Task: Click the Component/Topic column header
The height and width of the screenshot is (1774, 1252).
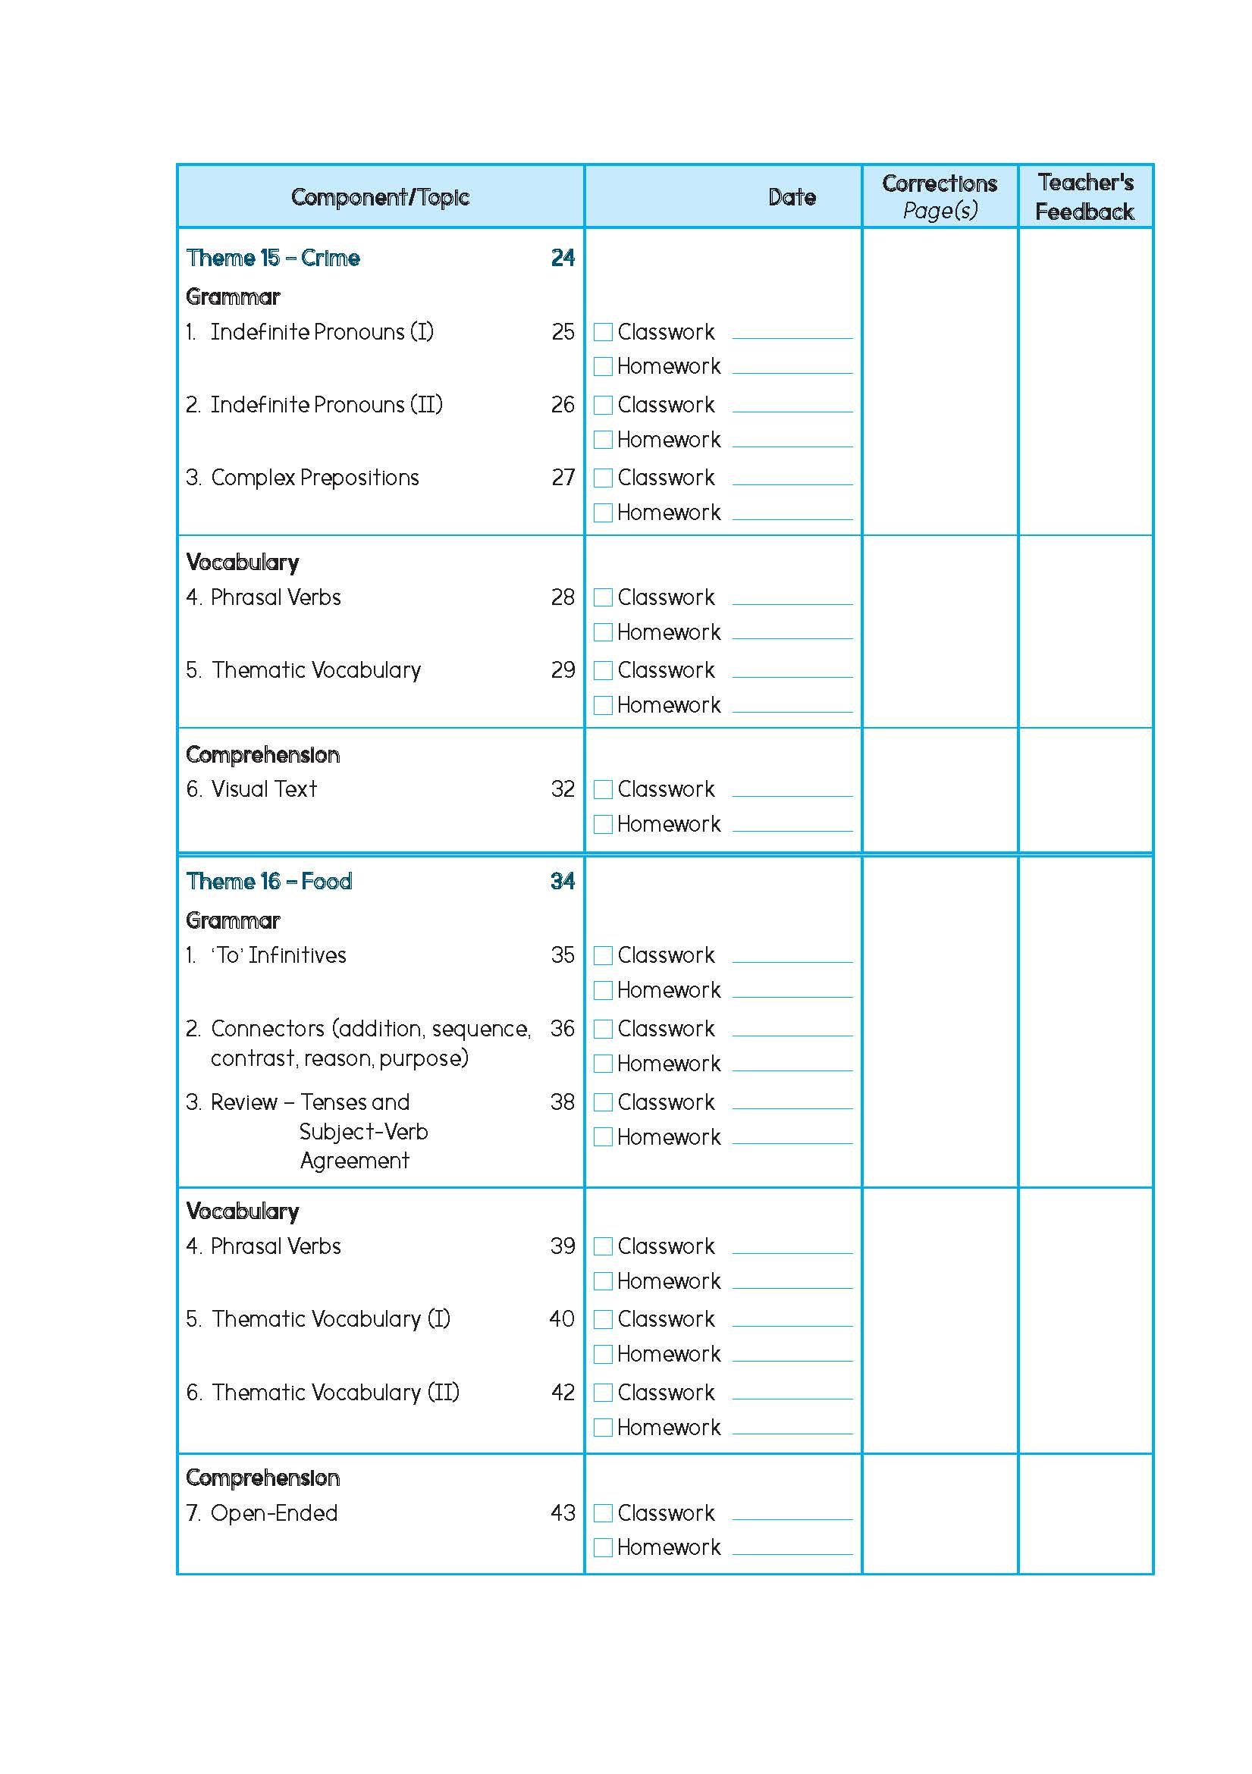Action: pos(379,197)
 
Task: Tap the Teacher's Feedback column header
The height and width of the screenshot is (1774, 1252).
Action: pos(1084,197)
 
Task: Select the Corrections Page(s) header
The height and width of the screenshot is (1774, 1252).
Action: pos(939,197)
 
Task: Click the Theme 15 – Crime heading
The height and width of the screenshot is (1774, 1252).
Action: pos(273,258)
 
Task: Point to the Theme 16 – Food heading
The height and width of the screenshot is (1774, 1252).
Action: pos(269,882)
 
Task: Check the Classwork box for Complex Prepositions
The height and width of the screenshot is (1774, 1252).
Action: pos(603,478)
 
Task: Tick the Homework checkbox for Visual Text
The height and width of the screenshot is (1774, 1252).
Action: pos(603,824)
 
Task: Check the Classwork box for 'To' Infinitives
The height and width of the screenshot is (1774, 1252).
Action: pos(603,956)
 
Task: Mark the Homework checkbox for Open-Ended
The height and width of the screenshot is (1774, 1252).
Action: pos(603,1547)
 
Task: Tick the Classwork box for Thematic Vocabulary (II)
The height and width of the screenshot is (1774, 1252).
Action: pos(603,1393)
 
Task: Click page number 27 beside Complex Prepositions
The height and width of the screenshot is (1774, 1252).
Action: pos(563,478)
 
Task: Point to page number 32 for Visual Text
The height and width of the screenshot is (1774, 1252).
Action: pos(563,789)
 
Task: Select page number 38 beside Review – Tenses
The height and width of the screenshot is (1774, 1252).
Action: pos(563,1102)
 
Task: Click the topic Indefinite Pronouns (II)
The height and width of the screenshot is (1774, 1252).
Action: pos(326,405)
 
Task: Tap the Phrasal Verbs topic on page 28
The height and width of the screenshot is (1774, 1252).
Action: pos(275,597)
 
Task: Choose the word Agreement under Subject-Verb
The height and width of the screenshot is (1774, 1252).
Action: pos(355,1161)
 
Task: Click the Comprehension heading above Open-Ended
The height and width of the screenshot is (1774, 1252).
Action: pos(263,1478)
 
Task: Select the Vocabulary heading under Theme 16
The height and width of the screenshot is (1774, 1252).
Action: pos(243,1211)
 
